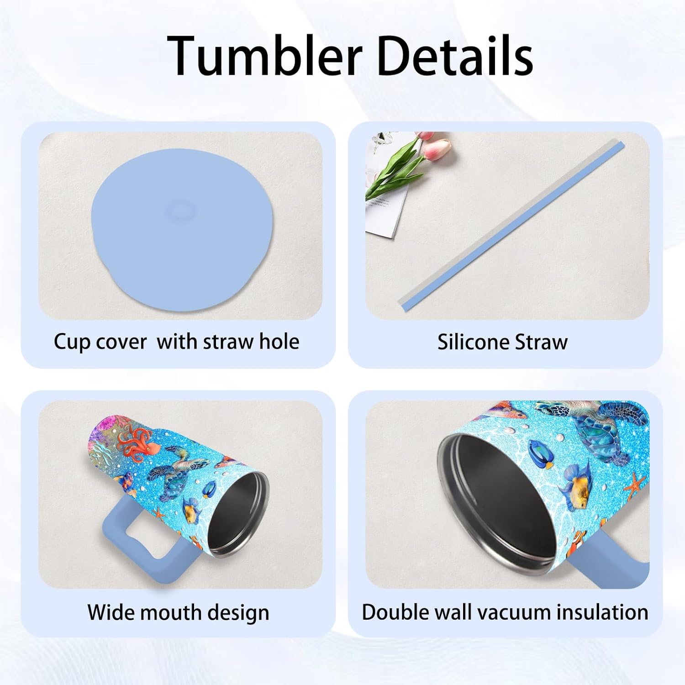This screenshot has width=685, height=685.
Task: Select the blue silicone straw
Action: click(511, 224)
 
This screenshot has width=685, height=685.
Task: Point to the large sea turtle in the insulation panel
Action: click(594, 429)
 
